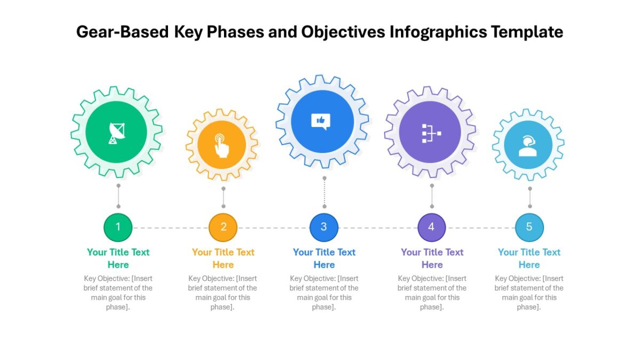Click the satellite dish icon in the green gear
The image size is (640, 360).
(x=117, y=133)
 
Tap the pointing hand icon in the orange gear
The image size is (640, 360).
(x=222, y=146)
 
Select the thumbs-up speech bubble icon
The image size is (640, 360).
(x=321, y=122)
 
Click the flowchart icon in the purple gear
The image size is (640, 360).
(x=431, y=133)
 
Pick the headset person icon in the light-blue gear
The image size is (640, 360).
(x=527, y=146)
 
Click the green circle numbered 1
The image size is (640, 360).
(x=118, y=227)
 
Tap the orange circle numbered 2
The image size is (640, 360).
(x=223, y=227)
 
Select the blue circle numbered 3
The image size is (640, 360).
(x=324, y=227)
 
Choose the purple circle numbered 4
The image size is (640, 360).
(x=431, y=227)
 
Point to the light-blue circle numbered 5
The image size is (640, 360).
(x=530, y=227)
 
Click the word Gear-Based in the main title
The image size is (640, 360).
(x=123, y=31)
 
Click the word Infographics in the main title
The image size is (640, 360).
(x=438, y=32)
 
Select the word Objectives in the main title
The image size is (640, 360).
(x=343, y=32)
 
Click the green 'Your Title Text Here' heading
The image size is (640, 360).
(x=118, y=258)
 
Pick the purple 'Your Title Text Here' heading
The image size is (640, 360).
(x=432, y=258)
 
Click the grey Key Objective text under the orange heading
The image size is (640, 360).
(x=222, y=293)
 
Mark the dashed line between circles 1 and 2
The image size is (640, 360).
(x=171, y=228)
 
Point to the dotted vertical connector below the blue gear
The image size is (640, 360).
(x=324, y=193)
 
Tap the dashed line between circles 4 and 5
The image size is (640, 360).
(x=481, y=228)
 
